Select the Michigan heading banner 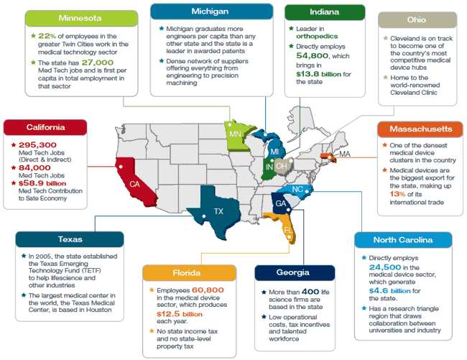[x=211, y=12]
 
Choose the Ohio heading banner [x=417, y=20]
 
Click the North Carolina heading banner [x=402, y=240]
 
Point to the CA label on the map [x=134, y=184]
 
